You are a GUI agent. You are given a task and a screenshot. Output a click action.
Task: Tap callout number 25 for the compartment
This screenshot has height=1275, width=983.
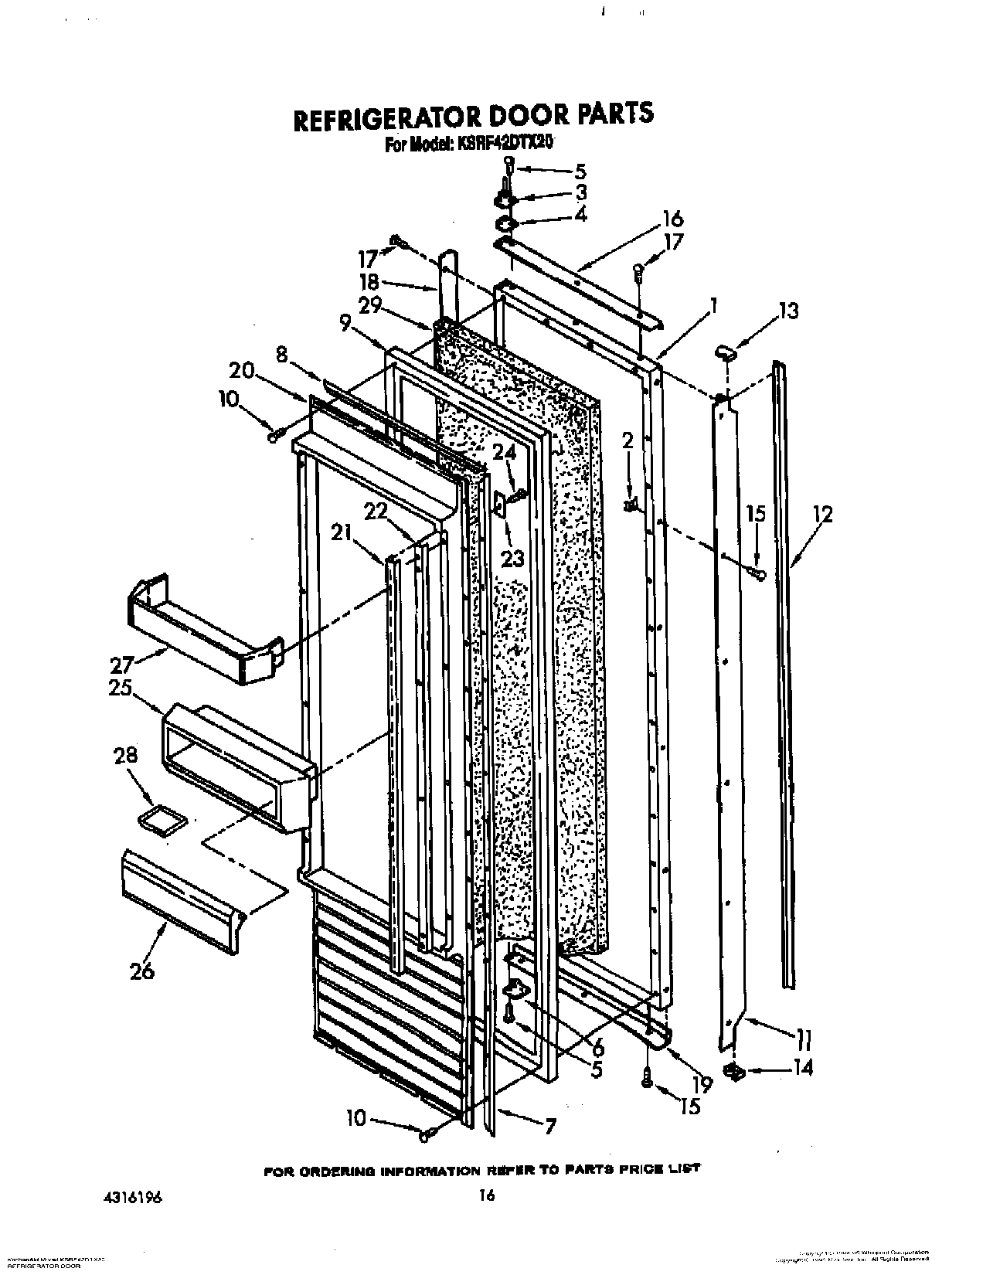coord(121,687)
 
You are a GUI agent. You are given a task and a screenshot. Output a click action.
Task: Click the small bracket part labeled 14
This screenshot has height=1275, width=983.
coord(733,1071)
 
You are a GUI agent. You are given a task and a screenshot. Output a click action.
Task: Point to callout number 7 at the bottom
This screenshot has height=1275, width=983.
coord(549,1126)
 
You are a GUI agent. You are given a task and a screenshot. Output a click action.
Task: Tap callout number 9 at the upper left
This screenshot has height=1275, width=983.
coord(344,325)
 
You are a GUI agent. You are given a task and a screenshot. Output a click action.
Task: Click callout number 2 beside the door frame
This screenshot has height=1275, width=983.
coord(628,440)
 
